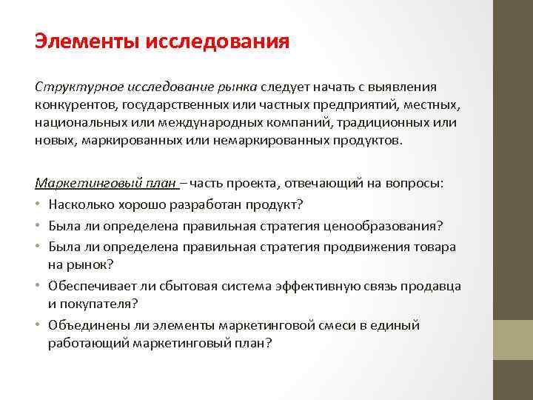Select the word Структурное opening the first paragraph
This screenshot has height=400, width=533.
point(73,87)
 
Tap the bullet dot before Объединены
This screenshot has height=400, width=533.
point(38,325)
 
